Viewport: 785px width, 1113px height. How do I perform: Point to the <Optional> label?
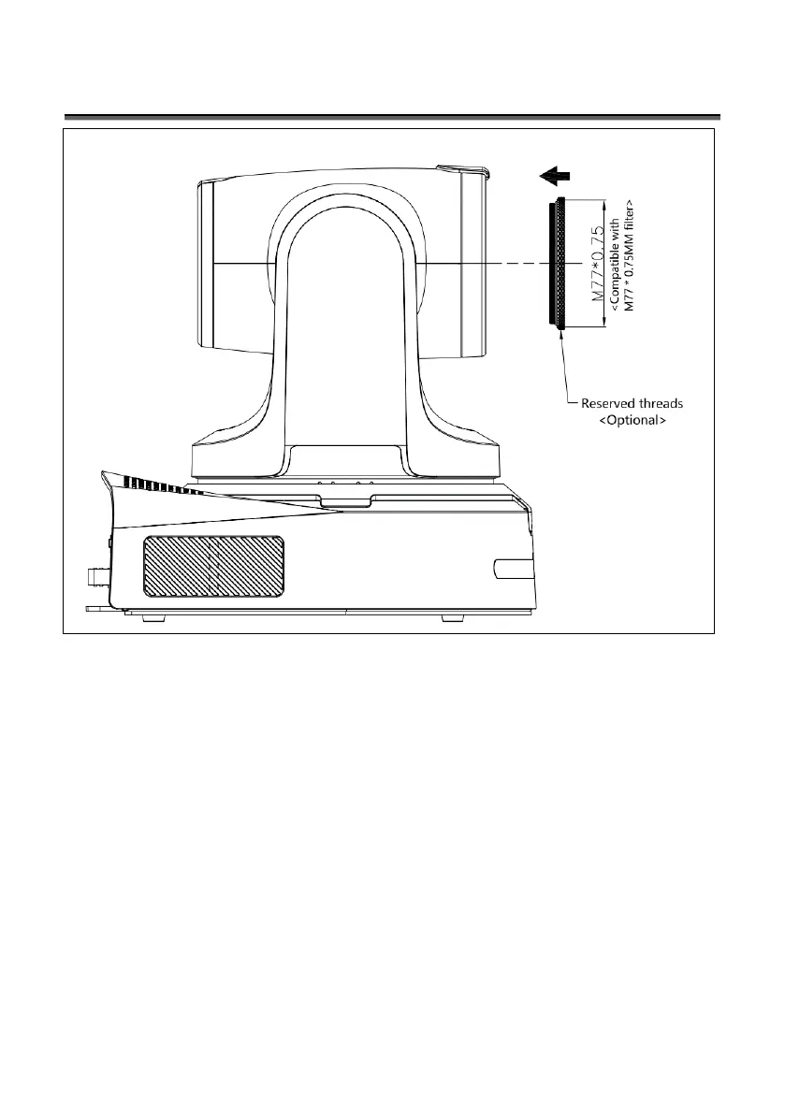[x=632, y=421]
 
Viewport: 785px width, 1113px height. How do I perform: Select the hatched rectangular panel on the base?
[x=213, y=565]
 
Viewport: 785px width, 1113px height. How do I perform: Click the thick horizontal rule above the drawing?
[x=392, y=118]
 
